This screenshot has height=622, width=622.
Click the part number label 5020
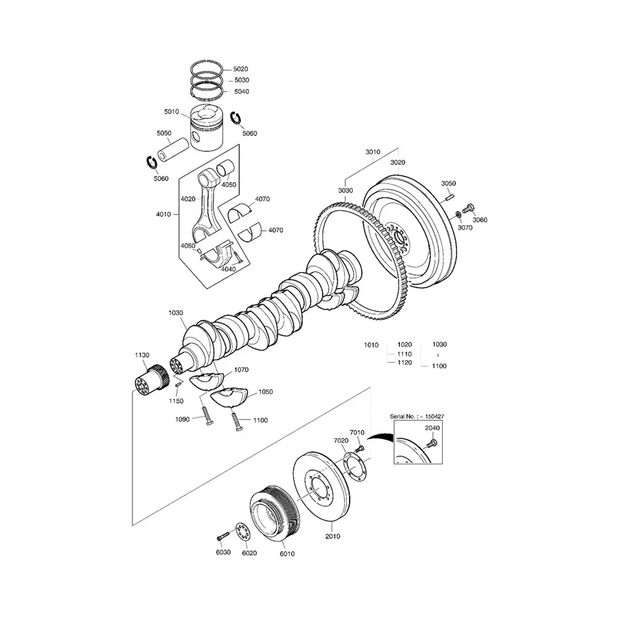[x=241, y=69]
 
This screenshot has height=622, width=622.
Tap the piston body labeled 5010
[x=209, y=128]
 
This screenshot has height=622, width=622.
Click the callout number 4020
[x=188, y=199]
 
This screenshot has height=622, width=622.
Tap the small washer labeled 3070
[x=458, y=215]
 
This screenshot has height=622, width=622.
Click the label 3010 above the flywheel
[x=373, y=151]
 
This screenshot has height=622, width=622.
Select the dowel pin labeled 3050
[x=448, y=197]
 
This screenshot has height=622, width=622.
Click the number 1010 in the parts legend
[x=371, y=345]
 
